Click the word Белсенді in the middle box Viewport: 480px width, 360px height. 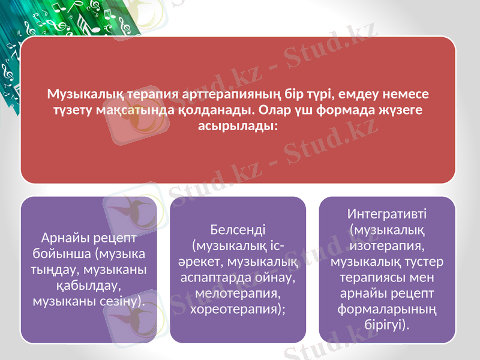(x=238, y=230)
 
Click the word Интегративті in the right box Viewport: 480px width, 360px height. (x=387, y=214)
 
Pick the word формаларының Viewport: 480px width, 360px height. (x=387, y=310)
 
